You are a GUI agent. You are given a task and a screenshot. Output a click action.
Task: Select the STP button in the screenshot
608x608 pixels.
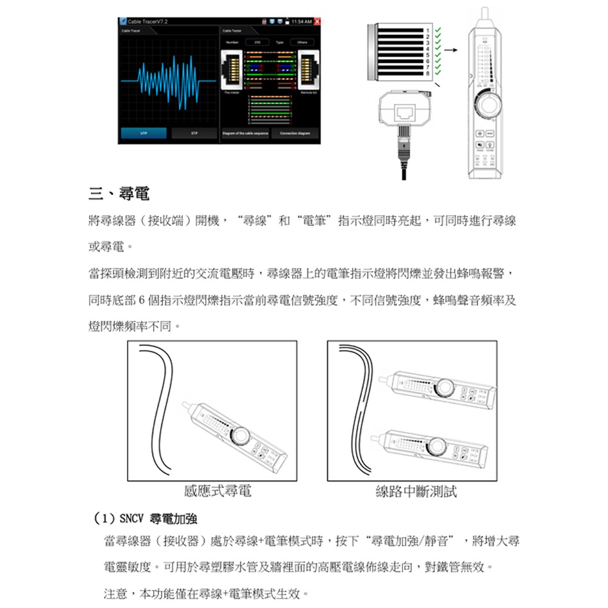[193, 133]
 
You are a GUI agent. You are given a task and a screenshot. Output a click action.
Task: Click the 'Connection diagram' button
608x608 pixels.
[295, 133]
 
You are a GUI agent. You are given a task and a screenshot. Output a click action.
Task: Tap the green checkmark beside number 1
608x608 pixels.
[437, 30]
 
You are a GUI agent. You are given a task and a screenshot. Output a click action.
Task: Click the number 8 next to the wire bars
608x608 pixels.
[429, 75]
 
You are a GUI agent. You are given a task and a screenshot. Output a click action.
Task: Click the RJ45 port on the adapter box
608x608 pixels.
[405, 113]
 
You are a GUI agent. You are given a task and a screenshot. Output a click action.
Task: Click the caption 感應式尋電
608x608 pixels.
[217, 492]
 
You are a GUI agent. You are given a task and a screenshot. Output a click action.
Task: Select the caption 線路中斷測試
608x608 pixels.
[417, 492]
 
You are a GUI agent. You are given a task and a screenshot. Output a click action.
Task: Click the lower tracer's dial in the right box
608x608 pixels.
[438, 443]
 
